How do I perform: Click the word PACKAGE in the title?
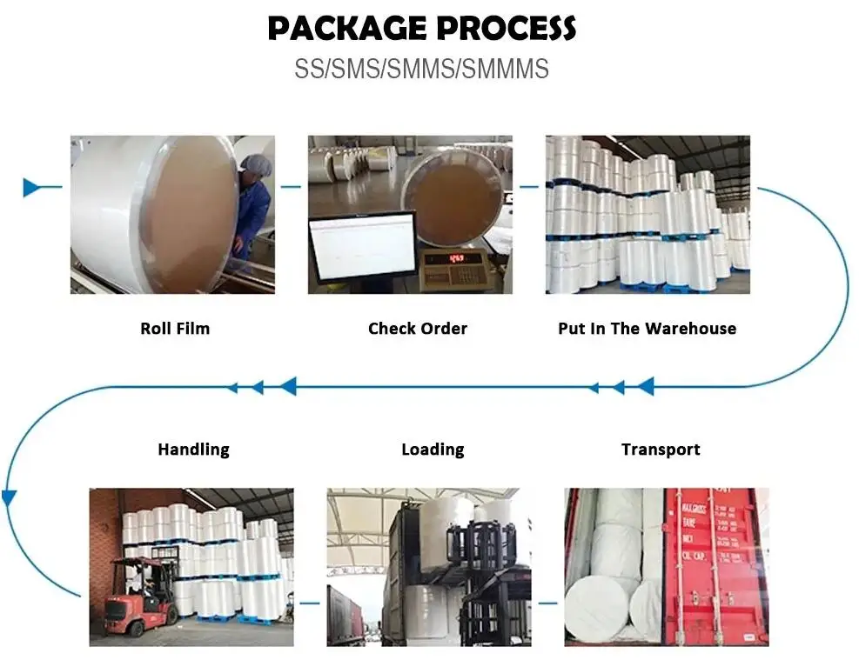pyautogui.click(x=346, y=29)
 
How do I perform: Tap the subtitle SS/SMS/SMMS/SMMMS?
pyautogui.click(x=421, y=69)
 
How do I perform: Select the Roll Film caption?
pyautogui.click(x=175, y=329)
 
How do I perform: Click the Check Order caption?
pyautogui.click(x=418, y=329)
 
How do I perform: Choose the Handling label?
pyautogui.click(x=193, y=450)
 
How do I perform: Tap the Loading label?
pyautogui.click(x=433, y=450)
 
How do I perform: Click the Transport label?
pyautogui.click(x=661, y=450)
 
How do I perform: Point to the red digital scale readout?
pyautogui.click(x=456, y=257)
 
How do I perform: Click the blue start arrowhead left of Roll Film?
pyautogui.click(x=32, y=187)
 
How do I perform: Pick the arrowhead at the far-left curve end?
pyautogui.click(x=10, y=498)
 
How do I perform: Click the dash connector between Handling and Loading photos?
pyautogui.click(x=310, y=603)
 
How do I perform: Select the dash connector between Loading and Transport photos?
pyautogui.click(x=547, y=603)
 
